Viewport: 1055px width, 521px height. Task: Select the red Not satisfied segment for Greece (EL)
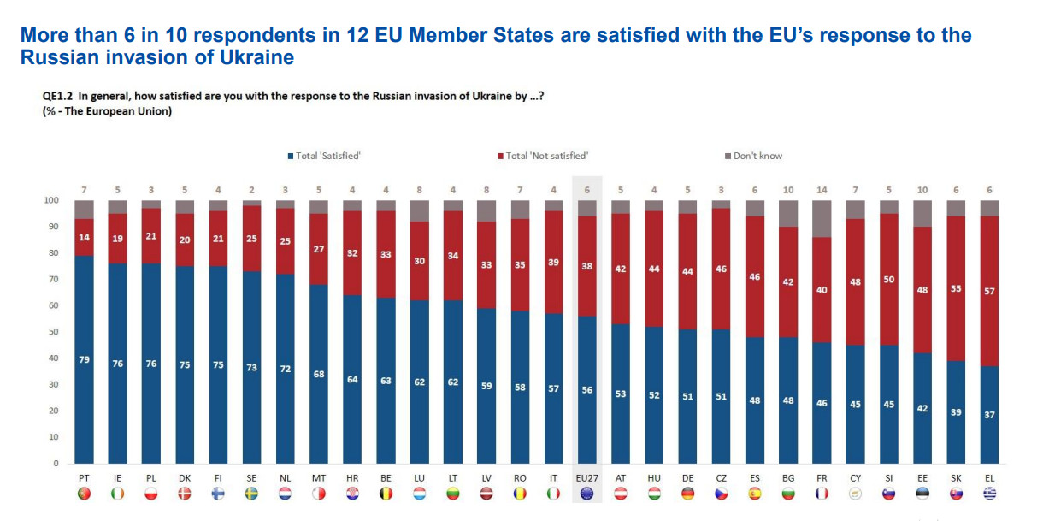989,291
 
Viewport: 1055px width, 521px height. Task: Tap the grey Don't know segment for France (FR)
822,219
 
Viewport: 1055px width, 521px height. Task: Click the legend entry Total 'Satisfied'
324,156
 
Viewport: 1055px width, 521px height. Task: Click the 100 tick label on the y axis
51,200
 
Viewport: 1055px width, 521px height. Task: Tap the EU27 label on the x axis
586,478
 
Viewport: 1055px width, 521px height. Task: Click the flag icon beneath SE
251,494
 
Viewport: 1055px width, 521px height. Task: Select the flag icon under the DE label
687,494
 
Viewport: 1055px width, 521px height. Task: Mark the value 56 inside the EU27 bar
586,389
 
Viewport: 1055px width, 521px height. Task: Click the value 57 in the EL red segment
989,291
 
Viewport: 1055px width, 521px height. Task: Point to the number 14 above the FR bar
822,190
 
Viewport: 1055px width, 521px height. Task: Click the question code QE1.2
56,96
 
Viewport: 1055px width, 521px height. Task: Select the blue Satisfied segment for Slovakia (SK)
956,411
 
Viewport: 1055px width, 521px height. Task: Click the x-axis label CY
855,478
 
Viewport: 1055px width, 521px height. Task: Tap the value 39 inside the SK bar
956,412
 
